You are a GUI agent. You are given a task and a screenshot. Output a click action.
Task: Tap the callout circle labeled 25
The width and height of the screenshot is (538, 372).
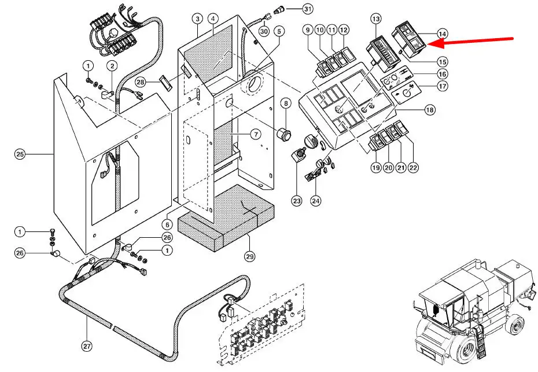click(x=20, y=154)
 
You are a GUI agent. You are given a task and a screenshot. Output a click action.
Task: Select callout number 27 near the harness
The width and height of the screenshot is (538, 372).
click(x=86, y=347)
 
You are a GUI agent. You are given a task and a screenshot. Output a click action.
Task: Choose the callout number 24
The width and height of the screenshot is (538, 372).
click(x=315, y=201)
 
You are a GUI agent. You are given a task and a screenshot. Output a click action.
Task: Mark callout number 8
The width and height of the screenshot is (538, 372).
click(x=286, y=104)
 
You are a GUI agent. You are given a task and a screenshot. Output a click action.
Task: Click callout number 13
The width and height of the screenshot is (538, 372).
click(x=376, y=19)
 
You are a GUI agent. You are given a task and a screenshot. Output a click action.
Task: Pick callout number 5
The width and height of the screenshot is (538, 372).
click(x=280, y=31)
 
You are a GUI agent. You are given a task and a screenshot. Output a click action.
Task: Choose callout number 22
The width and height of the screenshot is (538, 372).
click(x=413, y=168)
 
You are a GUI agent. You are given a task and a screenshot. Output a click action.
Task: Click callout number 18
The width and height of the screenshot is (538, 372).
click(x=429, y=109)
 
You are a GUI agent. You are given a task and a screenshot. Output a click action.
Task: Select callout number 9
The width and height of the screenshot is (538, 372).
click(x=307, y=30)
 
